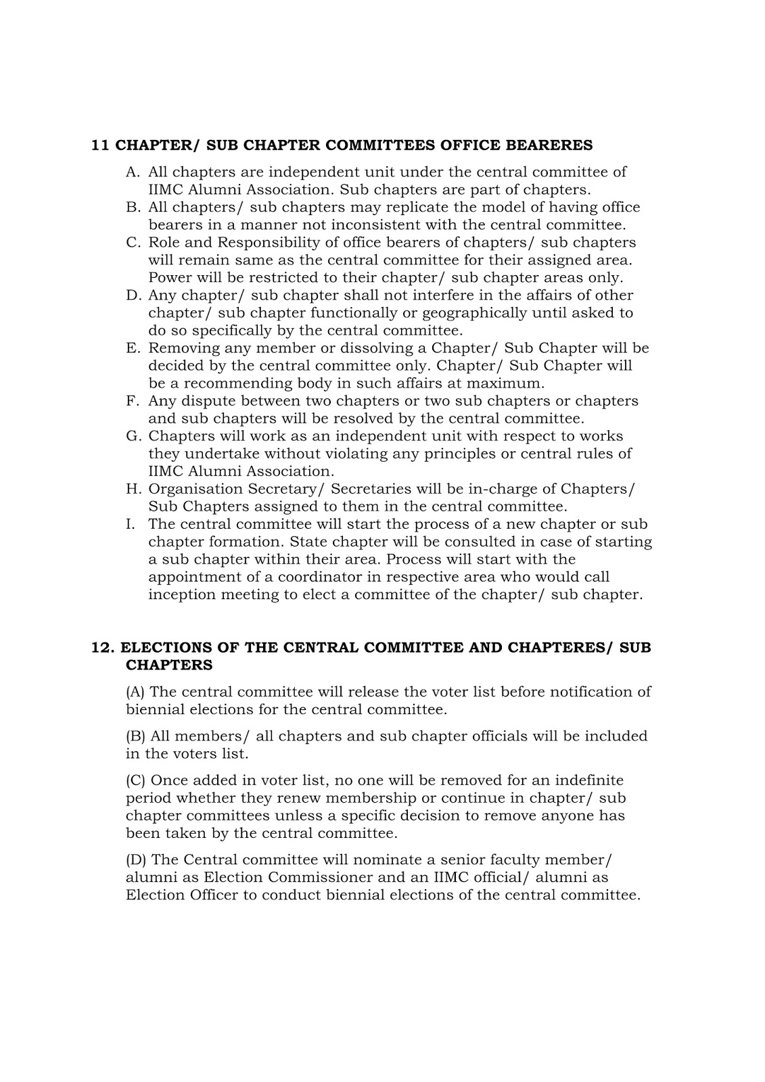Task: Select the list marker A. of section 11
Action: click(133, 172)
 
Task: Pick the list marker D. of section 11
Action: click(133, 295)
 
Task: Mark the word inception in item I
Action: click(179, 594)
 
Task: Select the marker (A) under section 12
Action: click(135, 691)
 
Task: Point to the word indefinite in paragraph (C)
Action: click(582, 780)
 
